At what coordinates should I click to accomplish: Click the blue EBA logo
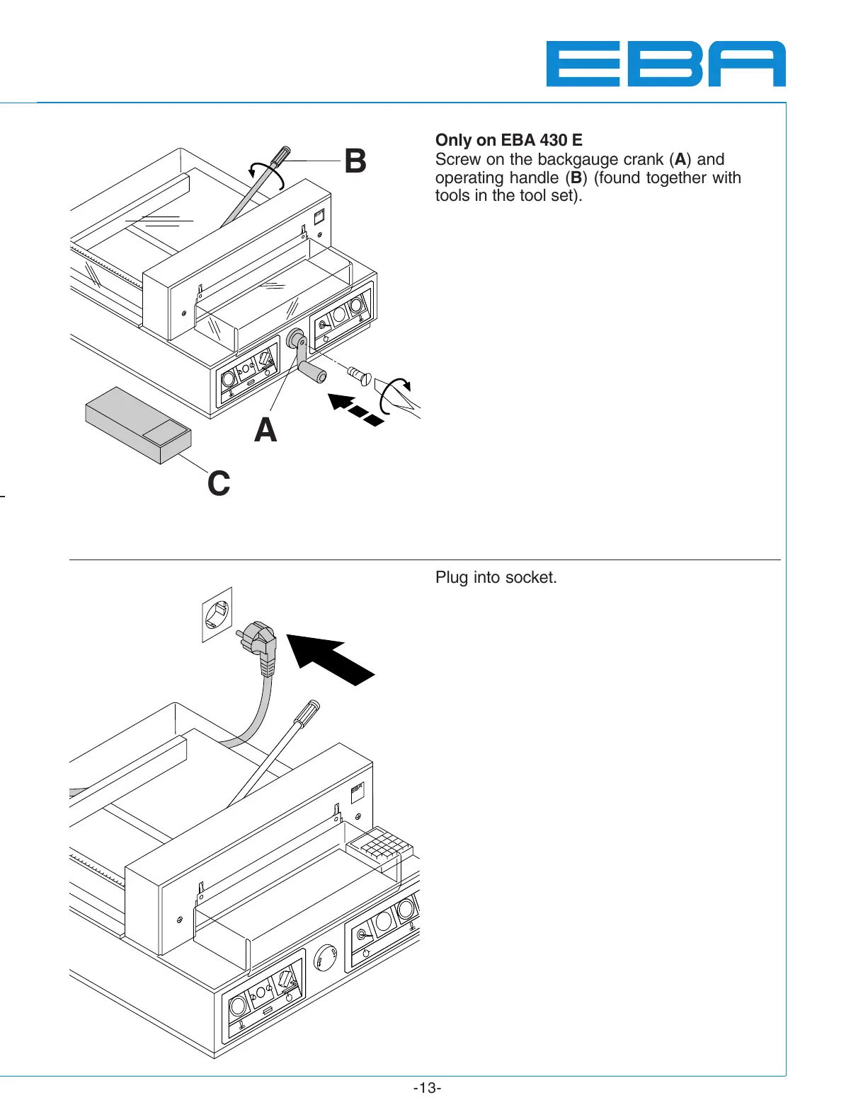(x=665, y=64)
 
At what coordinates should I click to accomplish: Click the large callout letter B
(x=355, y=161)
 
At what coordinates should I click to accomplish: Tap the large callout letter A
(x=265, y=430)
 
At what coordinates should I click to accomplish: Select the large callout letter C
(x=219, y=484)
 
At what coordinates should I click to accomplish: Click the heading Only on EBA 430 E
(x=508, y=140)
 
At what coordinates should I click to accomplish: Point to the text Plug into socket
(x=496, y=578)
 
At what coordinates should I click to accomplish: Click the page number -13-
(x=427, y=1088)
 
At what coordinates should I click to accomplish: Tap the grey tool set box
(x=138, y=424)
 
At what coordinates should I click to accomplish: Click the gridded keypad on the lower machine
(x=380, y=842)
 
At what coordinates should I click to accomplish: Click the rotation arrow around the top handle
(x=265, y=172)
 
